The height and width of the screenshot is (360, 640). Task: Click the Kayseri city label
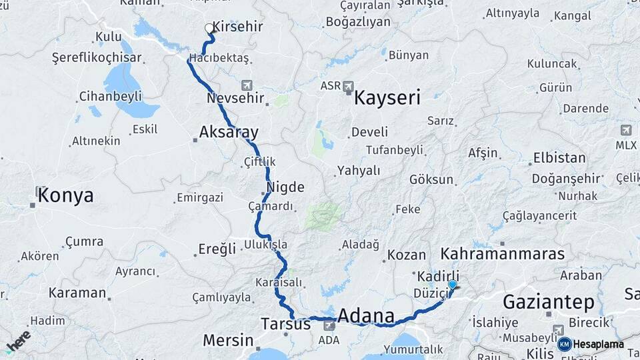tap(387, 99)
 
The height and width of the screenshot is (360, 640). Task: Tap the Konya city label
tap(65, 195)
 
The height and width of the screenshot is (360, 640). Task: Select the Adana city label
tap(366, 315)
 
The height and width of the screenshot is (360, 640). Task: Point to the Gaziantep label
tap(548, 302)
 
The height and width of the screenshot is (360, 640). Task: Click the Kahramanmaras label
tap(502, 254)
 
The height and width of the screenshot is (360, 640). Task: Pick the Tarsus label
tap(285, 324)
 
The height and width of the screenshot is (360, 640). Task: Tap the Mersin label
tap(228, 340)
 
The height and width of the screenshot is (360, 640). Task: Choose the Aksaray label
tap(229, 131)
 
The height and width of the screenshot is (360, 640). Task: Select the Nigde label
tap(285, 187)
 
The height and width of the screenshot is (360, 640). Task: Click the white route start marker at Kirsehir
tap(209, 29)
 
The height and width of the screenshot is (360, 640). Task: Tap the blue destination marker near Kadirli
tap(453, 285)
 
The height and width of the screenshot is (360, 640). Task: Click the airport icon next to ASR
tap(348, 86)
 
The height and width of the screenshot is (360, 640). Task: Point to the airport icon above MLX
tap(626, 130)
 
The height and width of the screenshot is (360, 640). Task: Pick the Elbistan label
tap(559, 159)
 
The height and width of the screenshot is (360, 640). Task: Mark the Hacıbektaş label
tap(219, 59)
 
